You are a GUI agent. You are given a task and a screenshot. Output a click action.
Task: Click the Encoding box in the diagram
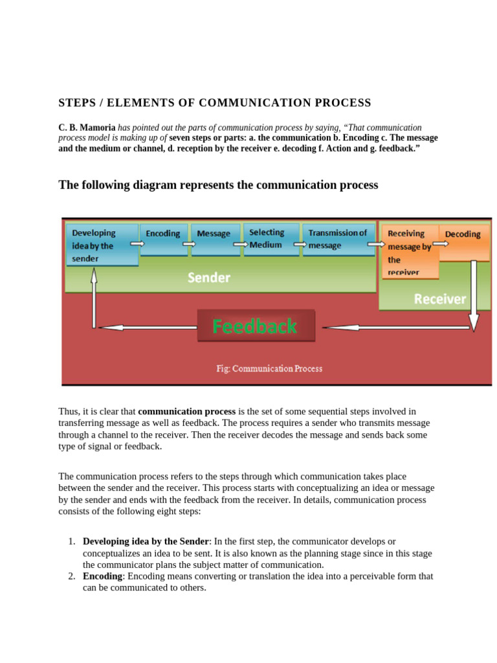pyautogui.click(x=163, y=239)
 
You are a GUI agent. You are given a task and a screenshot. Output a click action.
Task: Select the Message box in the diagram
pyautogui.click(x=214, y=239)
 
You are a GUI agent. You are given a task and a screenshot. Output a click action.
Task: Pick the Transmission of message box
pyautogui.click(x=338, y=239)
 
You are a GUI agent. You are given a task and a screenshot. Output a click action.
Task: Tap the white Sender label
pyautogui.click(x=208, y=278)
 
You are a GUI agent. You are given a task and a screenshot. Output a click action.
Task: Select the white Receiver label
pyautogui.click(x=439, y=298)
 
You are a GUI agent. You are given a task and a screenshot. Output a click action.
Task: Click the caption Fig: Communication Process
pyautogui.click(x=269, y=368)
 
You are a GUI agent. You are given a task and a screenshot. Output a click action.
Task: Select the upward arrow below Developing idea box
pyautogui.click(x=94, y=298)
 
